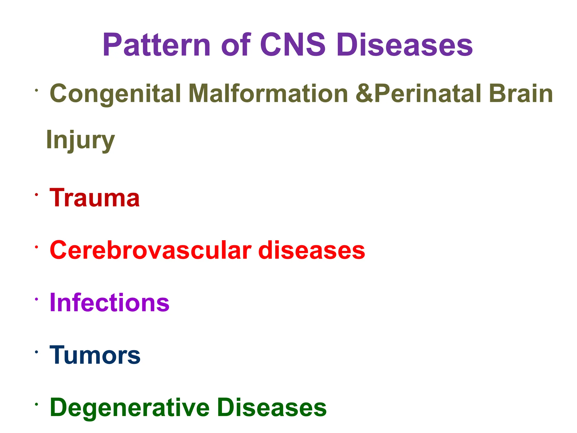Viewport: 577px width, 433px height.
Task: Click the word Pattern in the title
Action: coord(156,45)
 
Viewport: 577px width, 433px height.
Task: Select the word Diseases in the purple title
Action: coord(405,45)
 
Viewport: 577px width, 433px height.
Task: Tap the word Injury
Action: coord(80,140)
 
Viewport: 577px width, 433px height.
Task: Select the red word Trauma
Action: coord(95,198)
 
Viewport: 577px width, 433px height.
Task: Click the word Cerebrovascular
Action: coord(150,250)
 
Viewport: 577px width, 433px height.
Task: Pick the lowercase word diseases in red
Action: coord(311,250)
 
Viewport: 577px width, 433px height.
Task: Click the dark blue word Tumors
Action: coord(95,355)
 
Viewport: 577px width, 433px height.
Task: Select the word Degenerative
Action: coord(130,408)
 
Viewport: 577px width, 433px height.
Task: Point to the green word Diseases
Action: coord(272,407)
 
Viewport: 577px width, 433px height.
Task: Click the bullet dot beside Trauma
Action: coord(36,195)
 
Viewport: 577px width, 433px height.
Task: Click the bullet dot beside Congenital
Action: coord(36,90)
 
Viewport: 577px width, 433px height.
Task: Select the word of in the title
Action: coord(236,45)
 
